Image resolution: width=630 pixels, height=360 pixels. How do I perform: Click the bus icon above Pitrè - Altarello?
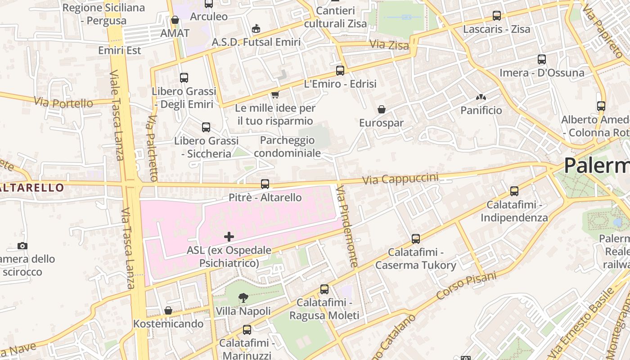(265, 184)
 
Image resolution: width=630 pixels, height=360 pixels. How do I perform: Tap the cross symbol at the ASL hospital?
(229, 236)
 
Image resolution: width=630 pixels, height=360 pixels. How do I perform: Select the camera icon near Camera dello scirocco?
(22, 246)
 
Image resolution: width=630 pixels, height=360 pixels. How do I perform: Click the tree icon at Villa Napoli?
(243, 297)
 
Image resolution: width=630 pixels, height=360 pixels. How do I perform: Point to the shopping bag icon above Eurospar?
(382, 109)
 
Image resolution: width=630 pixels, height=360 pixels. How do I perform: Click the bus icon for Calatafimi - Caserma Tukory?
(416, 239)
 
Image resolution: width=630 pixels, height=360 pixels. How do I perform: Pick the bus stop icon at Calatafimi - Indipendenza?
(514, 191)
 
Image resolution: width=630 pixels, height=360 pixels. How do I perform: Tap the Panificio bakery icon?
(481, 97)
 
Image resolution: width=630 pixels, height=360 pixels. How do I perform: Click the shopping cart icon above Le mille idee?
(275, 94)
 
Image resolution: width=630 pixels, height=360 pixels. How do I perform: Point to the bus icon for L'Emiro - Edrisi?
(340, 71)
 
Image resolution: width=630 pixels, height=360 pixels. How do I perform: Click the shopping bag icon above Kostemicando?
(168, 310)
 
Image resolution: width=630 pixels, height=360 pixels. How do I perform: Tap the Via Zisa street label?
(389, 45)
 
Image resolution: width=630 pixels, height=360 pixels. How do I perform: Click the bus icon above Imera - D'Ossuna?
(542, 59)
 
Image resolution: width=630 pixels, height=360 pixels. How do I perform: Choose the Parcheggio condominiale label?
(287, 147)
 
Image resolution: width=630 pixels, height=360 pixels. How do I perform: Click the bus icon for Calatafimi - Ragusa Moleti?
(324, 289)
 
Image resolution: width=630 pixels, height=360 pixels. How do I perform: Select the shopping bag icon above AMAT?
(175, 20)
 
